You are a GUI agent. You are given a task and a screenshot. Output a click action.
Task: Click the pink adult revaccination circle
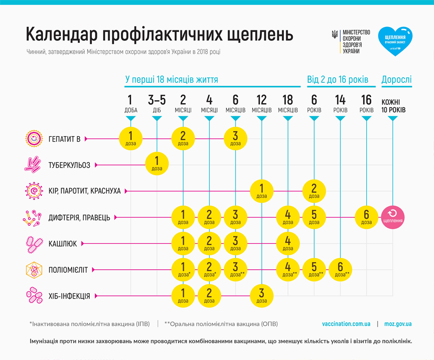393,217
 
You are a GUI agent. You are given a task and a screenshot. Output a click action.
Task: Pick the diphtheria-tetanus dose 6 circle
367,217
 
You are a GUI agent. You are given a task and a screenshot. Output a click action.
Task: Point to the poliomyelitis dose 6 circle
340,270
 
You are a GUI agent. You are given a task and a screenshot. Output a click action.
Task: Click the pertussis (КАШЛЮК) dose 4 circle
288,243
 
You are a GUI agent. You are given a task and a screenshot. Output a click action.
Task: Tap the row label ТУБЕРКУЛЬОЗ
69,165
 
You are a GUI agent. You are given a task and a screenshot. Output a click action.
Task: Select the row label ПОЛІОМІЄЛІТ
68,270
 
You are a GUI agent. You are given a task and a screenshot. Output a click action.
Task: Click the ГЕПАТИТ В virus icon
33,139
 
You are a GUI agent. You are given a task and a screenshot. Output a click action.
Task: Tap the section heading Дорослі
397,79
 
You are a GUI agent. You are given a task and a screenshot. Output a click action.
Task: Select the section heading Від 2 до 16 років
337,79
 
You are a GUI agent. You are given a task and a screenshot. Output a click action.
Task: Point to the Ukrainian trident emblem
335,35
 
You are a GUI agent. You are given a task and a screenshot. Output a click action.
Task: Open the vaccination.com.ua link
346,324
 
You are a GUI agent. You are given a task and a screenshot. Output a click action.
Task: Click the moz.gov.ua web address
398,324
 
